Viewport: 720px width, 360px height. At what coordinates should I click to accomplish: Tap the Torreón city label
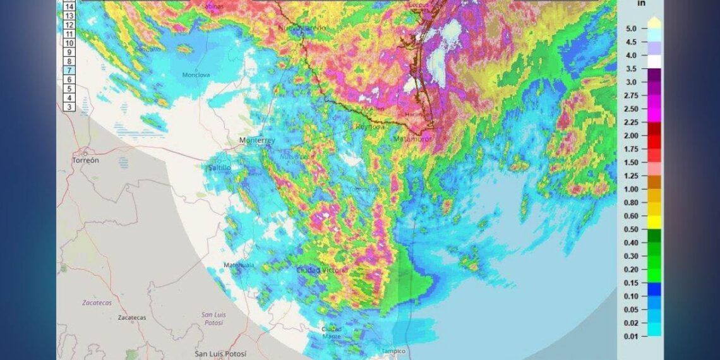85,160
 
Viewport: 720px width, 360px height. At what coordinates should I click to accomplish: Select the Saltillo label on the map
219,167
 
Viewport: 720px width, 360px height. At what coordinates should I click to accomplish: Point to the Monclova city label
196,75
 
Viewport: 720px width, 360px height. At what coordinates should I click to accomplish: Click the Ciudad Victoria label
322,270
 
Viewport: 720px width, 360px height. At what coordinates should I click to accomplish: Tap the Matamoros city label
412,138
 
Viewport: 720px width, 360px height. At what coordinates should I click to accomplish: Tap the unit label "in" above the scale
642,3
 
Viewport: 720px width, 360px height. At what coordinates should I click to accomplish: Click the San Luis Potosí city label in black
220,354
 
